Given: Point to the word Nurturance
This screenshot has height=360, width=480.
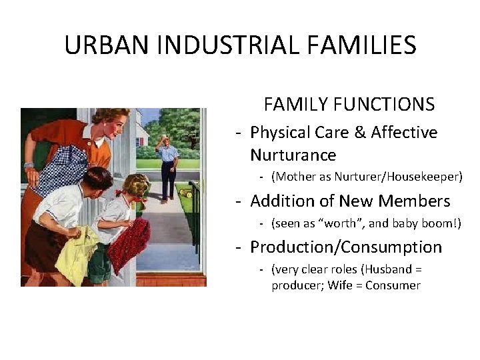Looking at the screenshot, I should coord(293,155).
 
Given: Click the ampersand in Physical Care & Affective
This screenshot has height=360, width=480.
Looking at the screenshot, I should coord(360,133).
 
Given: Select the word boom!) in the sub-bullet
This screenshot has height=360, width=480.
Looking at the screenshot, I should coord(441,223).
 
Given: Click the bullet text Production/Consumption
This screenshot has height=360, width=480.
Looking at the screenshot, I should coord(345,247).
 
